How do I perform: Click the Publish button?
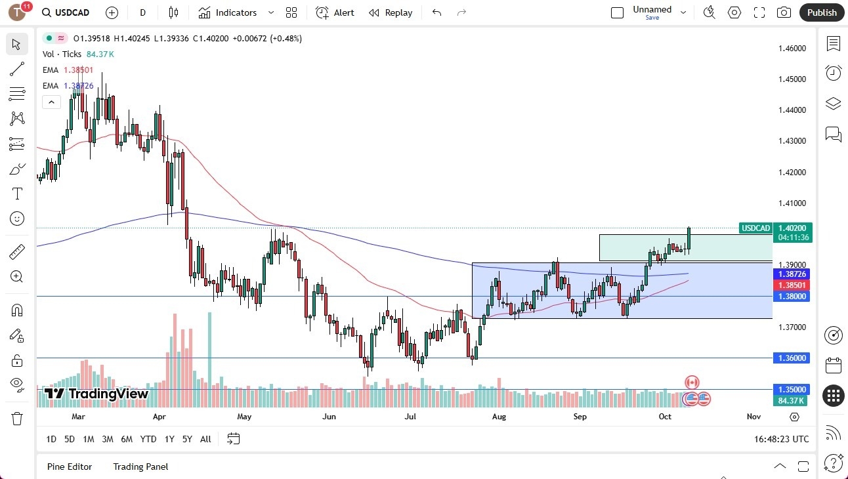coord(822,12)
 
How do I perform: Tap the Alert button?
coord(335,12)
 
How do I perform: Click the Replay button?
coord(391,12)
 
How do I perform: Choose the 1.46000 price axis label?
coord(792,48)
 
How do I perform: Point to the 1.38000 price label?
coord(792,297)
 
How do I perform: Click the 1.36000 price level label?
coord(792,358)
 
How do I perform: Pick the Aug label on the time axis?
coord(499,417)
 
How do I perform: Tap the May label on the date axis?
coord(244,417)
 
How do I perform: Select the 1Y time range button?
coord(169,439)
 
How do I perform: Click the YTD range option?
coord(148,439)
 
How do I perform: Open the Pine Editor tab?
coord(70,467)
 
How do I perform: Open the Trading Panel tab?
coord(140,467)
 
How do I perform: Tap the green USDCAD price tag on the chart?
coord(755,228)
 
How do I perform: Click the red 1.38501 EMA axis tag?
coord(792,285)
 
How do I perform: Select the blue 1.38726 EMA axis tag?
coord(792,274)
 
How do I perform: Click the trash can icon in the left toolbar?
coord(17,418)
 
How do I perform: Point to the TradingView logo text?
coord(96,394)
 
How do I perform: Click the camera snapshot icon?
coord(784,12)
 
